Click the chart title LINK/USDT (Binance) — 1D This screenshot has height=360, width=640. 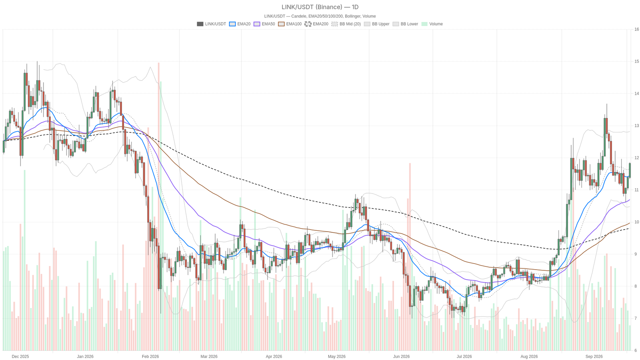[320, 7]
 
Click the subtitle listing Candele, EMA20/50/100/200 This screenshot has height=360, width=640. [320, 16]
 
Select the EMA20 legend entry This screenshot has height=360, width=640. [240, 24]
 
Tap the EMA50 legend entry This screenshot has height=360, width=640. [264, 24]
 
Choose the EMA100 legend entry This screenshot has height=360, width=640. [290, 24]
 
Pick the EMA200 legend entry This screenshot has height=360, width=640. [316, 24]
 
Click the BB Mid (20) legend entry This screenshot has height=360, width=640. [346, 24]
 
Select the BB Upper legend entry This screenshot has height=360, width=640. [376, 24]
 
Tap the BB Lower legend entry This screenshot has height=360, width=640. [405, 24]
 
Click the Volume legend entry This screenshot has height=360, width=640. [432, 24]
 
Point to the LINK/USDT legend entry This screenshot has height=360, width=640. [212, 24]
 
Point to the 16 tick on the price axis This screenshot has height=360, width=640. [636, 29]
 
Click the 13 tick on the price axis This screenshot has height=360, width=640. [636, 126]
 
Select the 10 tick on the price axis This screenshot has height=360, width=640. [636, 222]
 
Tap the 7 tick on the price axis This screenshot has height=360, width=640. [636, 318]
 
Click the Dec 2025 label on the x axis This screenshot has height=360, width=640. [20, 356]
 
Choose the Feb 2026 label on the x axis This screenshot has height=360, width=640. [150, 356]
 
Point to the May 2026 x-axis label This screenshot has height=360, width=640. [336, 356]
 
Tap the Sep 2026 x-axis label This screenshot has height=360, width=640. [594, 356]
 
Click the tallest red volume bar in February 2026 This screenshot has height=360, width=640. [158, 206]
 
